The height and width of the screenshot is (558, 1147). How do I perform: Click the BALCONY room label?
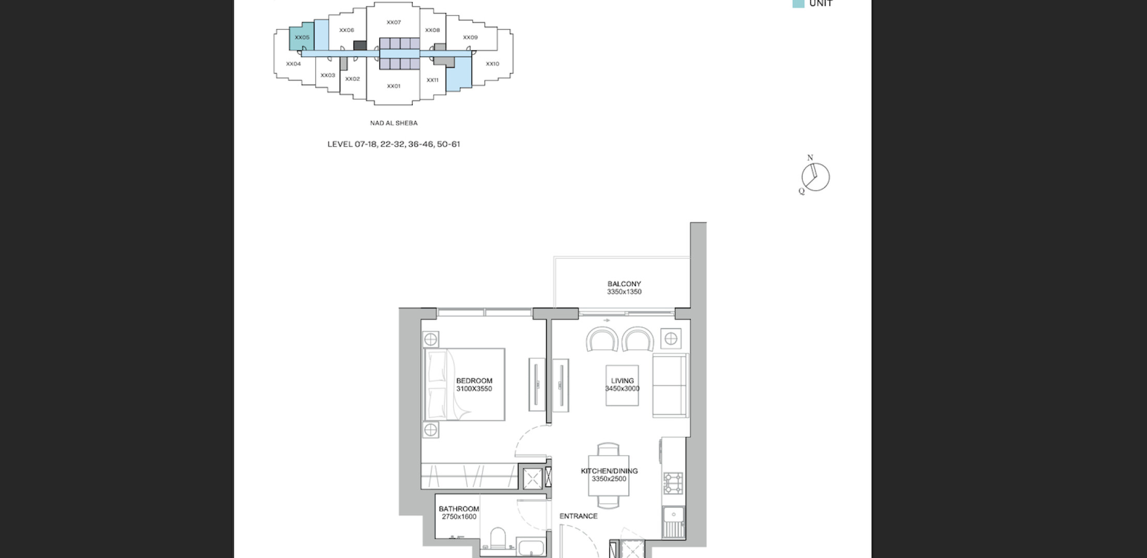coord(624,284)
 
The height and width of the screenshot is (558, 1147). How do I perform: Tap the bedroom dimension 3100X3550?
coord(474,389)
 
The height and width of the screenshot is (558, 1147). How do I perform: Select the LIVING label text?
coord(622,381)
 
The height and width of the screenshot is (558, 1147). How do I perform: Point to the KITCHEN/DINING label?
coord(609,471)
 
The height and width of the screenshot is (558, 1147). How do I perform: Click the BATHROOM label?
coord(459,509)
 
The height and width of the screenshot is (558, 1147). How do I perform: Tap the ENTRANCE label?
coord(578,516)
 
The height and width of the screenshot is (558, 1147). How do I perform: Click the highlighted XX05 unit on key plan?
coord(302,37)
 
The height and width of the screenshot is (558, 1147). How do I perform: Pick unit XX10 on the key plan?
coord(492,64)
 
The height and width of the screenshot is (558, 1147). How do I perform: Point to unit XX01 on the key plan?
coord(393,86)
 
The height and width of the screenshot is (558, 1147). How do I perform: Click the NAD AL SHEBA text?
coord(394,123)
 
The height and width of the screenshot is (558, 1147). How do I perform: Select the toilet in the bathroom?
coord(498,538)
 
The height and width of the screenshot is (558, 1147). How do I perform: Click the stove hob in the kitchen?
coord(673,483)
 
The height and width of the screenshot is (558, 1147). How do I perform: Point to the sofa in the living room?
coord(670,385)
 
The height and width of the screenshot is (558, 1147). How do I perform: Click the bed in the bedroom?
coord(464,384)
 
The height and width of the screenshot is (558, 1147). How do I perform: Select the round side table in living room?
coord(671,339)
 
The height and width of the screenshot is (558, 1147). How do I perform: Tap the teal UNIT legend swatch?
coord(798,3)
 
